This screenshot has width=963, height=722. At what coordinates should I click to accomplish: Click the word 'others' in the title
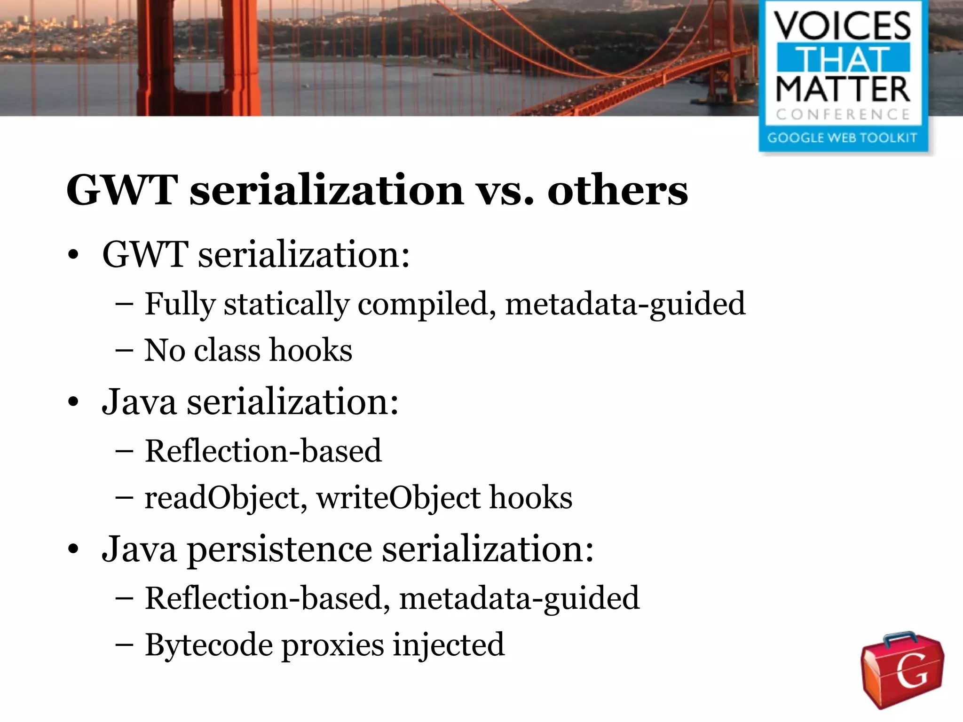[617, 191]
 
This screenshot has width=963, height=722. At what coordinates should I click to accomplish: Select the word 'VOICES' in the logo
[843, 26]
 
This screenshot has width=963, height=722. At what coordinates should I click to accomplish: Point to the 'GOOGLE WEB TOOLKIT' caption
[842, 138]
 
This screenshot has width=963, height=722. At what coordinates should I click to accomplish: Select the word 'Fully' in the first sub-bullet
[180, 304]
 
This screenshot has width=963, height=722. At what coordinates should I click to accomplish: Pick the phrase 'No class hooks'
[248, 351]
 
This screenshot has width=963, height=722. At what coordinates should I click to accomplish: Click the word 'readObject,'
[225, 498]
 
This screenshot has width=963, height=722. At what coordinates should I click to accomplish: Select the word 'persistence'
[280, 549]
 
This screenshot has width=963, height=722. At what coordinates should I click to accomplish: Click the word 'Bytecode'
[209, 645]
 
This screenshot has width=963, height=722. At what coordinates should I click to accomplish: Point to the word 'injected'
[449, 645]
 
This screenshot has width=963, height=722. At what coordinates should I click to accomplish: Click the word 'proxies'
[332, 645]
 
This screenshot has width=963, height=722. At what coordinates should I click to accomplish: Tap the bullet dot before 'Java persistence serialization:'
[73, 549]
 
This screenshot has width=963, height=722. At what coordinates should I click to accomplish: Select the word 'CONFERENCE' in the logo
[843, 114]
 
